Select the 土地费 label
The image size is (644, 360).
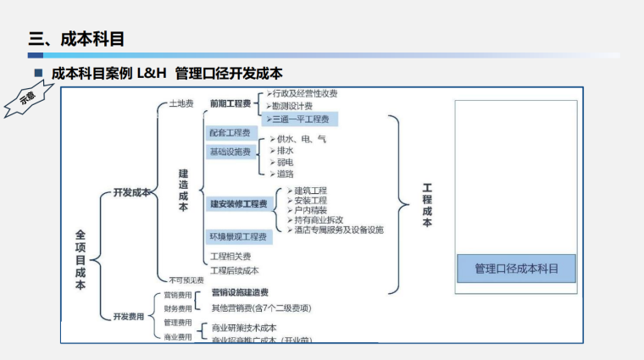(180, 103)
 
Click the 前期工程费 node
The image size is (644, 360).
(230, 103)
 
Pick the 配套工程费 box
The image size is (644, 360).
(230, 133)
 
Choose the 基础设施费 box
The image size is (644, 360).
(230, 152)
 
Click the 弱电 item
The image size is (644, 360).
(285, 162)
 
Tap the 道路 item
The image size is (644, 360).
(285, 174)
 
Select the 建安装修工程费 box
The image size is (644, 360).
(238, 204)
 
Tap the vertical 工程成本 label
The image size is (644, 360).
(427, 205)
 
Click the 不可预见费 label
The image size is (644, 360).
(186, 280)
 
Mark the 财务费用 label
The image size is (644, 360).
(178, 308)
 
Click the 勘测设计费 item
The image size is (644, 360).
(292, 107)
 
